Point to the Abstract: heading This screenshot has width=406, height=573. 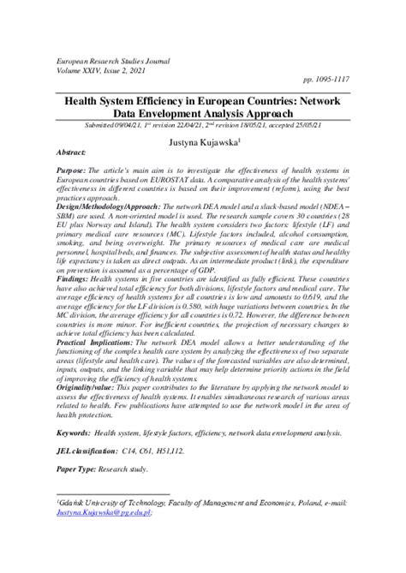(x=74, y=152)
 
